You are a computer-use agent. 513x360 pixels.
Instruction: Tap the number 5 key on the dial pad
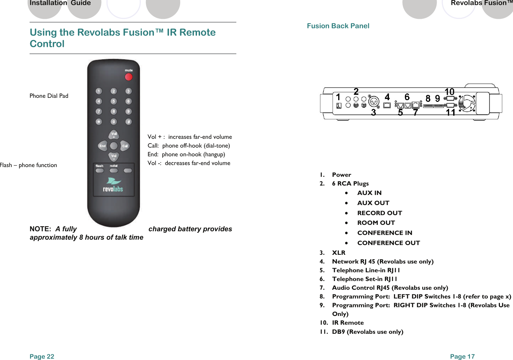coord(114,101)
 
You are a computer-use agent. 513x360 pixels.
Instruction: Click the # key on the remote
coord(128,122)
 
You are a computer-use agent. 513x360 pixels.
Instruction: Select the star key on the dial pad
coord(99,122)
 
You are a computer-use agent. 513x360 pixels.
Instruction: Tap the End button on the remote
coord(103,146)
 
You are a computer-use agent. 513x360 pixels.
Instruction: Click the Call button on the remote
coord(125,146)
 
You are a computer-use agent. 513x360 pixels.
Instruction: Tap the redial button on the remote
coord(114,170)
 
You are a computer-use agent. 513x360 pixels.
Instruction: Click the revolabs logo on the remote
coord(113,185)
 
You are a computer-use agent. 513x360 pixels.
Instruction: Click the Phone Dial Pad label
coord(49,96)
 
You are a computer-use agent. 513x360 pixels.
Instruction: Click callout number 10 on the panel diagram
coord(449,91)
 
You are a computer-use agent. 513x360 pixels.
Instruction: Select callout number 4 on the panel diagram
coord(387,97)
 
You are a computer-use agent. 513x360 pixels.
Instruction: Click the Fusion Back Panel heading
coord(338,26)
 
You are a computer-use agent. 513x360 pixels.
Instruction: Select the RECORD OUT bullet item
coord(380,213)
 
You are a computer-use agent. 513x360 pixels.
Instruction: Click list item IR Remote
coord(348,323)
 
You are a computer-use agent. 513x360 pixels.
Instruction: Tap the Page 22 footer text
coord(42,356)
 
